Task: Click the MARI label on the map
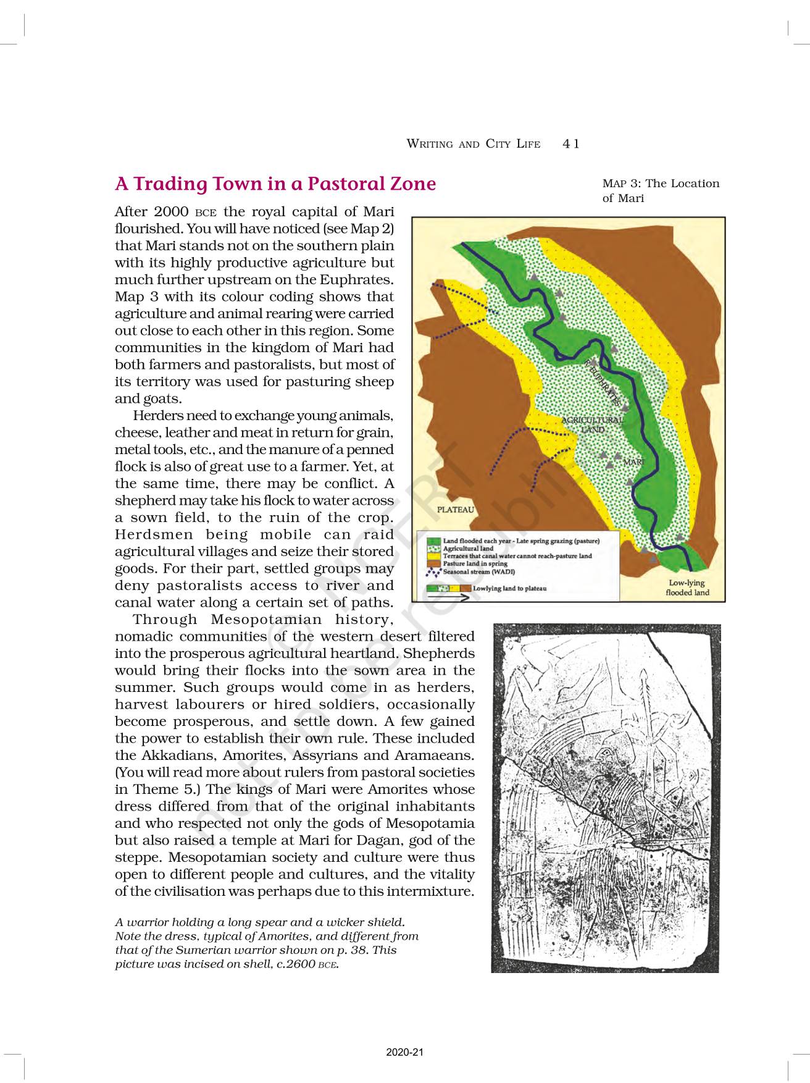[633, 462]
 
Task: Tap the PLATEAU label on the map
[456, 510]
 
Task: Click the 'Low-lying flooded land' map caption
[687, 588]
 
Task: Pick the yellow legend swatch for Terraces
[435, 556]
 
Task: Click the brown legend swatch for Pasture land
[435, 563]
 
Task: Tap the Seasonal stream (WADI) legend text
[478, 571]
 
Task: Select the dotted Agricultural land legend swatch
[435, 549]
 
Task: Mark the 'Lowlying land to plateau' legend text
[509, 588]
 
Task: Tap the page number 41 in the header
[571, 144]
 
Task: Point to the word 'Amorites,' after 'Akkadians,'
[254, 756]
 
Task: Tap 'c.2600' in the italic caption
[295, 964]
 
